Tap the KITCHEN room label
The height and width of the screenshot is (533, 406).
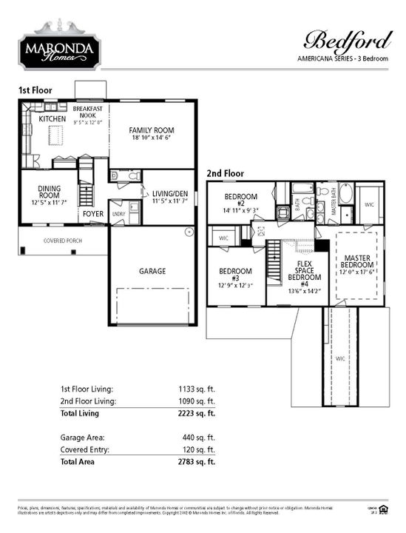coord(52,118)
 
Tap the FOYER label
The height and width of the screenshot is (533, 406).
coord(93,214)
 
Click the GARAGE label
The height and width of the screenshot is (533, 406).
coord(152,271)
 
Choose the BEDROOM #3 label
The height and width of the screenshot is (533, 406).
coord(235,277)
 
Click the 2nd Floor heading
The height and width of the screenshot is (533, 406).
coord(225,173)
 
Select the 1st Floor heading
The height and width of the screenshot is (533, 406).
coord(35,90)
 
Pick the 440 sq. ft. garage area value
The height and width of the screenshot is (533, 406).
coord(201,437)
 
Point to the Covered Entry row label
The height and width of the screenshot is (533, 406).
coord(86,449)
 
